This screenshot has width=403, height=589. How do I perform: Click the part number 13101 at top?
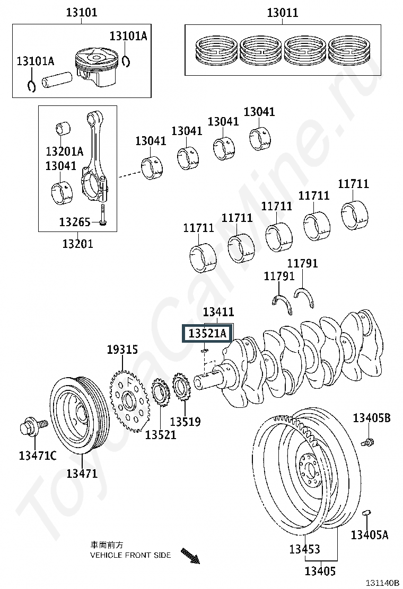[82, 12]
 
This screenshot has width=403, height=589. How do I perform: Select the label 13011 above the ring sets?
[282, 13]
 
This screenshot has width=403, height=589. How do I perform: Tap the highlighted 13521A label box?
[207, 333]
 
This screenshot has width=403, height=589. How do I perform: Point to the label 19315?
[122, 350]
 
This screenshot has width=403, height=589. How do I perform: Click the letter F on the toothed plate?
[128, 383]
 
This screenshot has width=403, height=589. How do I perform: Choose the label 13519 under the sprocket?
[186, 422]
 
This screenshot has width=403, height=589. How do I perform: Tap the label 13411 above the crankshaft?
[218, 312]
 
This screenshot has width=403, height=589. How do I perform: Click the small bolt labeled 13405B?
[367, 442]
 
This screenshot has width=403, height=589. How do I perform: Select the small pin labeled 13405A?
[366, 513]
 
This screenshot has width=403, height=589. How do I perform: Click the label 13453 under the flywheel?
[304, 549]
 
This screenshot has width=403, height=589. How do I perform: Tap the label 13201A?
[64, 151]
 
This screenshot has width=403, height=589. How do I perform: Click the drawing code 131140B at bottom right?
[382, 583]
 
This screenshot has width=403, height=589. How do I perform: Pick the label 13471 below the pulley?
[82, 474]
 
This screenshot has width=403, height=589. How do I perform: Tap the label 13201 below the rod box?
[77, 244]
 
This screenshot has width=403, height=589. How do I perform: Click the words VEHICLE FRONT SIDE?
[130, 555]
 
